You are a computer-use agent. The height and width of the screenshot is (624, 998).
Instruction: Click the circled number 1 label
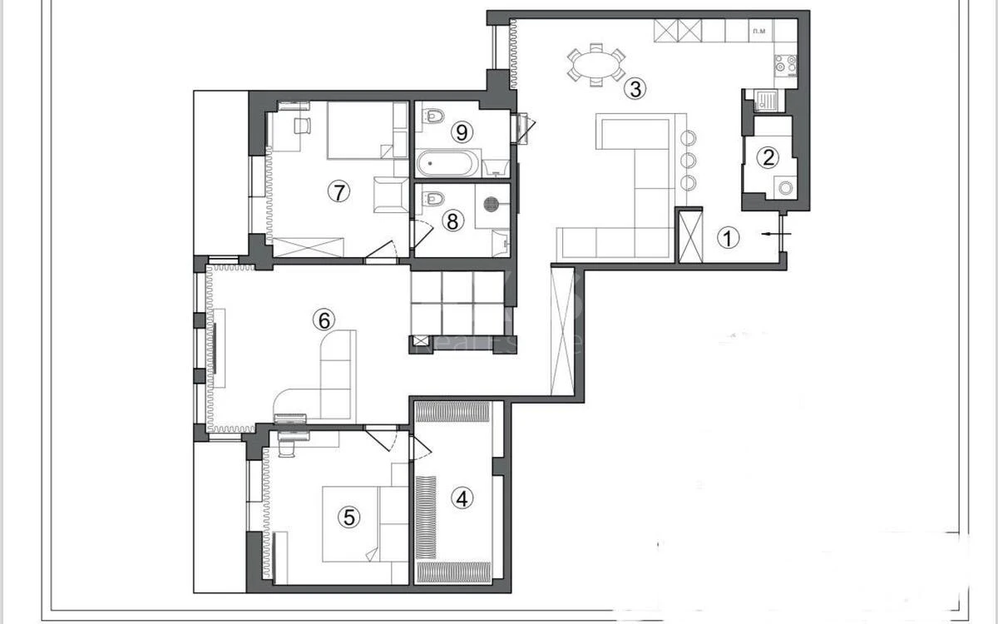coord(728,239)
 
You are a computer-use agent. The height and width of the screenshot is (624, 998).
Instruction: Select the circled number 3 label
coord(635,88)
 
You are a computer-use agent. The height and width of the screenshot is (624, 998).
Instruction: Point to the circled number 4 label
coord(462,498)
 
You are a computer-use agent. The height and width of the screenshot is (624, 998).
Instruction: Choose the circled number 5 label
coord(348,517)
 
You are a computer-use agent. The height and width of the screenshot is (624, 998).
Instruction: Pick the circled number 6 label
coord(323,319)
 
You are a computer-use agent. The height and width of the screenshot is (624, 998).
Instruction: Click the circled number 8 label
coord(452,220)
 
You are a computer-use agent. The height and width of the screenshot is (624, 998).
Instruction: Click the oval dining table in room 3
coord(596,64)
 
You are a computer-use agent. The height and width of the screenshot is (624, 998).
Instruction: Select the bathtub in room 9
coord(447,163)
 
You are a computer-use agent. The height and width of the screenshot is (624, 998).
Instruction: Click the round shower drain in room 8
coord(492,201)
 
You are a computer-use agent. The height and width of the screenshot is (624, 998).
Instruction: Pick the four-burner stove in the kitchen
coord(785,63)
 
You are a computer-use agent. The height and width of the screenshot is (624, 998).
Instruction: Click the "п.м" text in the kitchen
coord(758,31)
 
